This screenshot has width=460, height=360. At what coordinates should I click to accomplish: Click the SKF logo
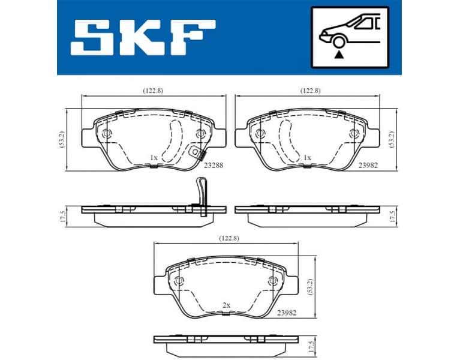click(143, 37)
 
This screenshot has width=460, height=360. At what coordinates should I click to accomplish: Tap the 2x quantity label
click(226, 305)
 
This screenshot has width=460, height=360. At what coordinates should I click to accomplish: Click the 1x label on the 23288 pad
click(154, 158)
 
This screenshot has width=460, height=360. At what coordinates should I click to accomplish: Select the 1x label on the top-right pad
click(307, 158)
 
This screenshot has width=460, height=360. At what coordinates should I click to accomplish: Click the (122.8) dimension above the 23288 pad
click(153, 91)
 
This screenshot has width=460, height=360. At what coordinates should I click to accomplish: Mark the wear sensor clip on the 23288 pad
click(194, 153)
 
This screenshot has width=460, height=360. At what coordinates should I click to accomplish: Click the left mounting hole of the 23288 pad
click(107, 133)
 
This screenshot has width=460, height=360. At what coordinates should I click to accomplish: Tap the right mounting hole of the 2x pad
click(273, 281)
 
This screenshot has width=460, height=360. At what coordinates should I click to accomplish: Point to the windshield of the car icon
click(363, 23)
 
